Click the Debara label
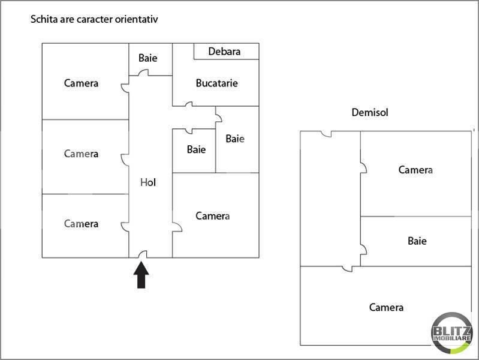(x=224, y=52)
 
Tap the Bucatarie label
(x=216, y=83)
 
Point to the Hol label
(x=148, y=182)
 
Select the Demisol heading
(x=370, y=113)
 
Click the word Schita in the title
(x=43, y=19)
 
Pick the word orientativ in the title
(x=136, y=19)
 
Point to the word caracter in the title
(x=93, y=19)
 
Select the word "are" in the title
(x=65, y=19)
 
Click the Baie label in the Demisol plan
(x=417, y=241)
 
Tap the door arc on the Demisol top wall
(x=326, y=134)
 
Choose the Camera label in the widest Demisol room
(x=386, y=307)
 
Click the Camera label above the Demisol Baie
(x=415, y=170)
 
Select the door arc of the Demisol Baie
(x=363, y=248)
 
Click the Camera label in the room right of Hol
(x=213, y=215)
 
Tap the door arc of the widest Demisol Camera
(x=347, y=269)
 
